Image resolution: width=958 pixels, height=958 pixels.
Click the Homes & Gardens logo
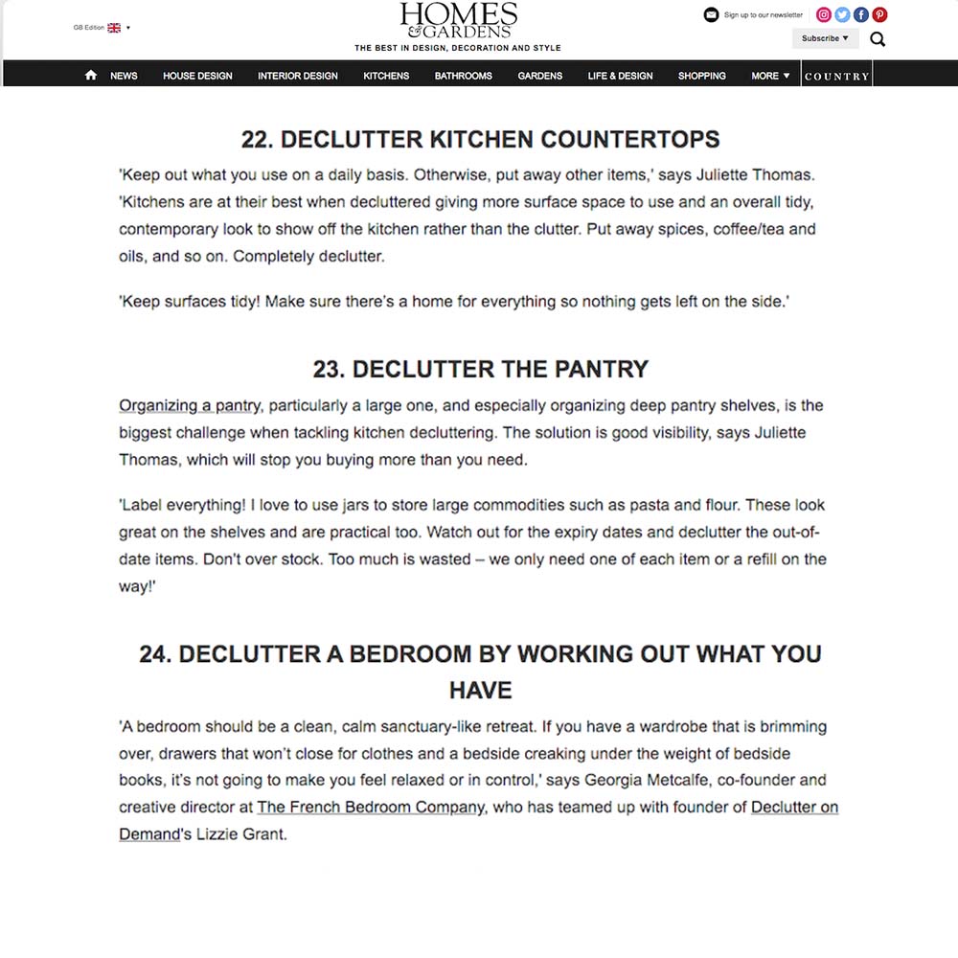458,21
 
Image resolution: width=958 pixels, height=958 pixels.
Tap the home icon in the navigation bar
91,75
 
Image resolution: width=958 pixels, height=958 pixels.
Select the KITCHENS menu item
386,76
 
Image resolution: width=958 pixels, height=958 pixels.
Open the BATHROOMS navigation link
463,76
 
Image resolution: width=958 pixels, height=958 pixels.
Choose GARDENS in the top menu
540,76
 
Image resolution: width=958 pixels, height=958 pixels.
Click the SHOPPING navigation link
702,76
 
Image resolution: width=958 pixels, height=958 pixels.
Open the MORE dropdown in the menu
771,76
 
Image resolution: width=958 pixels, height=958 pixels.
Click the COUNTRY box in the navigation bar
836,76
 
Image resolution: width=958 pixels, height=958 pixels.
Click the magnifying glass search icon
878,39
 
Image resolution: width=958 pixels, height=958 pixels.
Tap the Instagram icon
823,14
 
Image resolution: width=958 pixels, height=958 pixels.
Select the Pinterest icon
879,14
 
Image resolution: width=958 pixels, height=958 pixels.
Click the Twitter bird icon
842,14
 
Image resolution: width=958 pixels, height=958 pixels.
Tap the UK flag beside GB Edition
114,28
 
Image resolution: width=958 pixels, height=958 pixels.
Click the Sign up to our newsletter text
763,15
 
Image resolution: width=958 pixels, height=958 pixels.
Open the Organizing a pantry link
190,405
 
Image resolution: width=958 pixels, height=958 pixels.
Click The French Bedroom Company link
371,807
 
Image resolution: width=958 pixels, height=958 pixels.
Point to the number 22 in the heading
258,139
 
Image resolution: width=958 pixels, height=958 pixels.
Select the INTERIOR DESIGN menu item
298,76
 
